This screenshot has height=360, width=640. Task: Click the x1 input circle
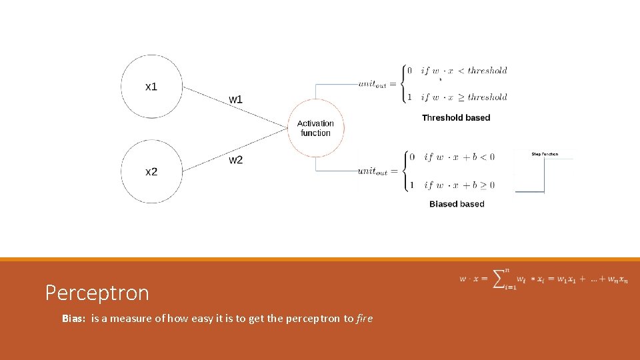[151, 87]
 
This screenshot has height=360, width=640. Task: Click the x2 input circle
[151, 171]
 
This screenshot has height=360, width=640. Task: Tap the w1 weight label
[236, 99]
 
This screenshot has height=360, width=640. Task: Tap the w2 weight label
[236, 160]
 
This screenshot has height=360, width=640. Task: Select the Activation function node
[315, 128]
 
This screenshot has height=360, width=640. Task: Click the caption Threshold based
[456, 117]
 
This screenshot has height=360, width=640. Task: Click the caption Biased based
[457, 204]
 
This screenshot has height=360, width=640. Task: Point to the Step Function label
[545, 154]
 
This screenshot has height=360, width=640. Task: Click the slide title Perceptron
[97, 292]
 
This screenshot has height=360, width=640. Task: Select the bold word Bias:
[74, 319]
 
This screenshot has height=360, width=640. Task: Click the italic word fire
[365, 319]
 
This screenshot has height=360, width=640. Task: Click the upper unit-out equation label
[373, 83]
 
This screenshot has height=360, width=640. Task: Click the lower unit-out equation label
[373, 171]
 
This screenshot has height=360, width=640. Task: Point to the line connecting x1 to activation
[233, 107]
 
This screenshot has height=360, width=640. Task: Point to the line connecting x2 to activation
[233, 151]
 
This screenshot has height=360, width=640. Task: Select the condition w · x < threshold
[464, 70]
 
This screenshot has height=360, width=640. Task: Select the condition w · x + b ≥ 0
[459, 185]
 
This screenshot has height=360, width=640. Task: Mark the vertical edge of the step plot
[544, 176]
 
